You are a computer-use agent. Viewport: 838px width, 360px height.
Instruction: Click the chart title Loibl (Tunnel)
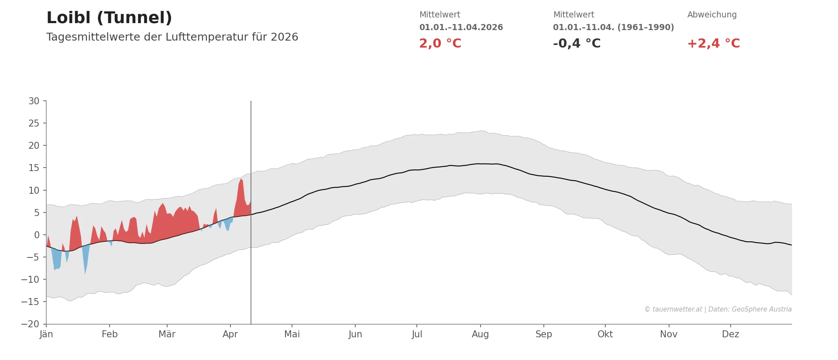tap(109, 18)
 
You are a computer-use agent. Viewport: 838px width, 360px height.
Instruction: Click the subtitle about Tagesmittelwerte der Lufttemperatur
tap(172, 37)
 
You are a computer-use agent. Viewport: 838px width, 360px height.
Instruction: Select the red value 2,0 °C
tap(440, 44)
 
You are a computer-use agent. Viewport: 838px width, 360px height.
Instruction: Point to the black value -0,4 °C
tap(577, 44)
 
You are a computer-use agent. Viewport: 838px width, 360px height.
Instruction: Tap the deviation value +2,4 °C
tap(713, 44)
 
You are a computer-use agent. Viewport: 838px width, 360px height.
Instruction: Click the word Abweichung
tap(712, 15)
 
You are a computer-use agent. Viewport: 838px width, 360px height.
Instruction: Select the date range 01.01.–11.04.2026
tap(461, 27)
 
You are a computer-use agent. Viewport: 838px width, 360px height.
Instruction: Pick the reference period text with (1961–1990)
tap(613, 27)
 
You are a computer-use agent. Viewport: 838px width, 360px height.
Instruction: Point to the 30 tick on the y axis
tap(34, 101)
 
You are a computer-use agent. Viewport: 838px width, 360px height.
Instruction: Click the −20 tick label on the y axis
tap(30, 324)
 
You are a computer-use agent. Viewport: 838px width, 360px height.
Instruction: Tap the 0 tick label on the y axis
tap(37, 235)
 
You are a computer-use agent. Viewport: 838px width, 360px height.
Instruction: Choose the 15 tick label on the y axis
tap(34, 168)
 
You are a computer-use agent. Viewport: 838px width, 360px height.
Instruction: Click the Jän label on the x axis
tap(46, 334)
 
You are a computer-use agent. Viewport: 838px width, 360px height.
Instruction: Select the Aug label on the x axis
tap(480, 334)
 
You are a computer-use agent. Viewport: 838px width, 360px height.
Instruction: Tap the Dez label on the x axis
tap(730, 334)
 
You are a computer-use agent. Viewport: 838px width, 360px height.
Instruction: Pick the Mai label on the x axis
tap(292, 334)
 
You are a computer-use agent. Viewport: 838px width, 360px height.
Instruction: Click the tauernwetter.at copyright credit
tap(718, 309)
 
